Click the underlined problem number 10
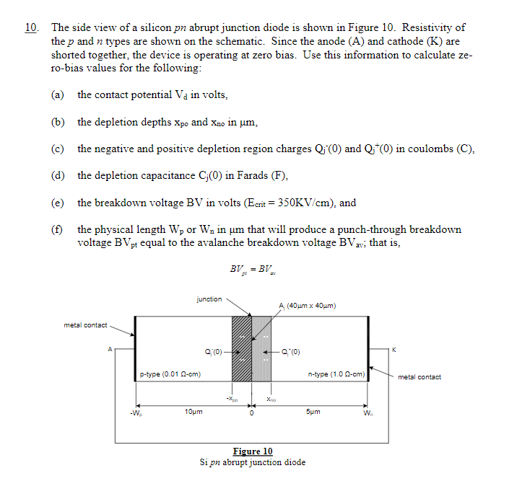click(x=30, y=27)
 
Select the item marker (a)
click(x=57, y=94)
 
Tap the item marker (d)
click(x=57, y=175)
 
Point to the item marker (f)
click(x=57, y=229)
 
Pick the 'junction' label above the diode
click(x=209, y=299)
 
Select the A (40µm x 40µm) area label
click(x=306, y=306)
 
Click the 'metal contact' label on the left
click(x=85, y=325)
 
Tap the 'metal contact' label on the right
click(x=419, y=376)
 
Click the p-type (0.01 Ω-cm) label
click(x=170, y=374)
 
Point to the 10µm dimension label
click(x=193, y=412)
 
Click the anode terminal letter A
click(x=110, y=349)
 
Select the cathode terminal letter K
click(x=393, y=350)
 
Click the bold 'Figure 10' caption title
click(x=252, y=451)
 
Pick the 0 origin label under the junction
click(x=252, y=415)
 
